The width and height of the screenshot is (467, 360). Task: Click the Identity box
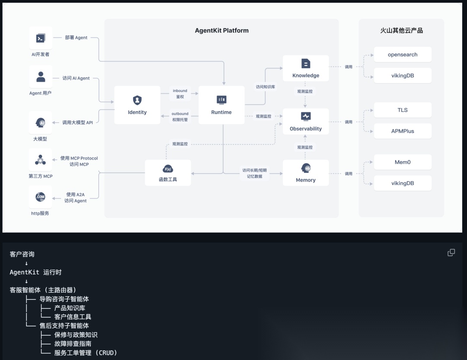[137, 105]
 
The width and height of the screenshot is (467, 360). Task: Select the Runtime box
[221, 105]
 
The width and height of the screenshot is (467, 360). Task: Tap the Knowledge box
[306, 68]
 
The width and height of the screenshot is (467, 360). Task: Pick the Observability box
[306, 121]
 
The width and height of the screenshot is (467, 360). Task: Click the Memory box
[306, 173]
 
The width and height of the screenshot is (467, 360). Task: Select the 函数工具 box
[168, 173]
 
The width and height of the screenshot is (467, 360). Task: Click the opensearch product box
[403, 55]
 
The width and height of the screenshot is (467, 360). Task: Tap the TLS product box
[403, 110]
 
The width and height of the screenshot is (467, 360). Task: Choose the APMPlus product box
[403, 131]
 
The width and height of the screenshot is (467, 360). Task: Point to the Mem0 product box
[403, 162]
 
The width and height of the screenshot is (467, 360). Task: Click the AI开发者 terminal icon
[41, 38]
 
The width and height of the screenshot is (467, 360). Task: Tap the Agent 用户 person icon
[41, 77]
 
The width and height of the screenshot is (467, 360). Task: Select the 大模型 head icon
[41, 123]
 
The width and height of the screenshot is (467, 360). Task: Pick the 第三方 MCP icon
[41, 160]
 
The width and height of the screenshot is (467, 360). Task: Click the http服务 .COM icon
[41, 197]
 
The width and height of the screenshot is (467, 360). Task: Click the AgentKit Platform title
[222, 31]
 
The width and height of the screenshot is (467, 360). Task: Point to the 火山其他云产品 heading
[401, 31]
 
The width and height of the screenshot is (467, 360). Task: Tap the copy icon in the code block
[451, 253]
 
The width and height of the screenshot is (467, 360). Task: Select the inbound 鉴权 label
[180, 94]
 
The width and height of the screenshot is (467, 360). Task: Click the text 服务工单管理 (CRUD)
[86, 353]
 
